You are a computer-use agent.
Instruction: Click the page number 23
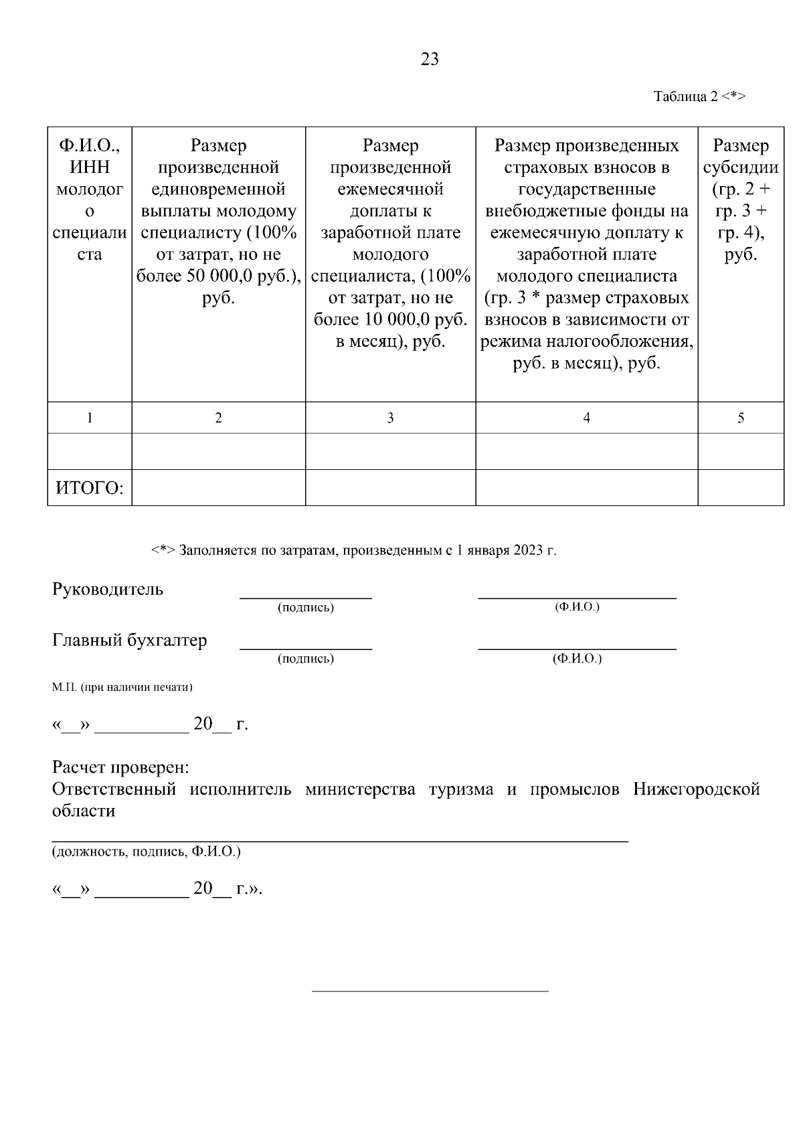coord(430,60)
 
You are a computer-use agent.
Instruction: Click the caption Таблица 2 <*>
coord(699,96)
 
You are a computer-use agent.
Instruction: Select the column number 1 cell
coord(90,418)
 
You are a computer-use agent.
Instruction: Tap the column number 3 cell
coord(390,418)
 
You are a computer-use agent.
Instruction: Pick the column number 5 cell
coord(741,418)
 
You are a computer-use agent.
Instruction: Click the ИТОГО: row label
coord(90,488)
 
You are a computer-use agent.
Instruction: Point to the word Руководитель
coord(108,590)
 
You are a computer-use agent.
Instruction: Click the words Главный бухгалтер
coord(130,641)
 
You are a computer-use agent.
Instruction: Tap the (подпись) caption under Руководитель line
coord(306,608)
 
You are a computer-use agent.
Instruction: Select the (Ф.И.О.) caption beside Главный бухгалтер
coord(577,659)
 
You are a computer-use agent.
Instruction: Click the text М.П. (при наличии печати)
coord(122,687)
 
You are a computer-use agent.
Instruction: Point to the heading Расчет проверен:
coord(120,767)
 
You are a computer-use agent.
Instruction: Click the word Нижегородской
coord(696,789)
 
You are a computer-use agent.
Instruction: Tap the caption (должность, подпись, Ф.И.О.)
coord(147,852)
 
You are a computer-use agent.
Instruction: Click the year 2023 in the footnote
coord(528,551)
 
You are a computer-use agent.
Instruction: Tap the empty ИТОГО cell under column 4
coord(586,488)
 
